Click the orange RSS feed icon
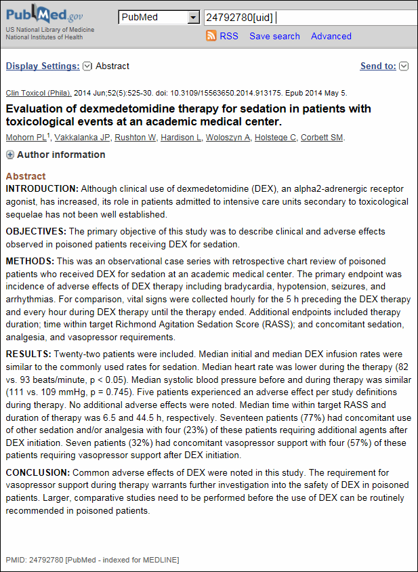211,36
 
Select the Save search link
274,36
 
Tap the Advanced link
331,36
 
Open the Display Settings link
43,66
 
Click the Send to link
378,66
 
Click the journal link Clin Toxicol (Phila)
37,93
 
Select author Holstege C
275,138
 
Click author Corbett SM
322,138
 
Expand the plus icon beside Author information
10,155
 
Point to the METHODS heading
30,261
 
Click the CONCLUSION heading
37,472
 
